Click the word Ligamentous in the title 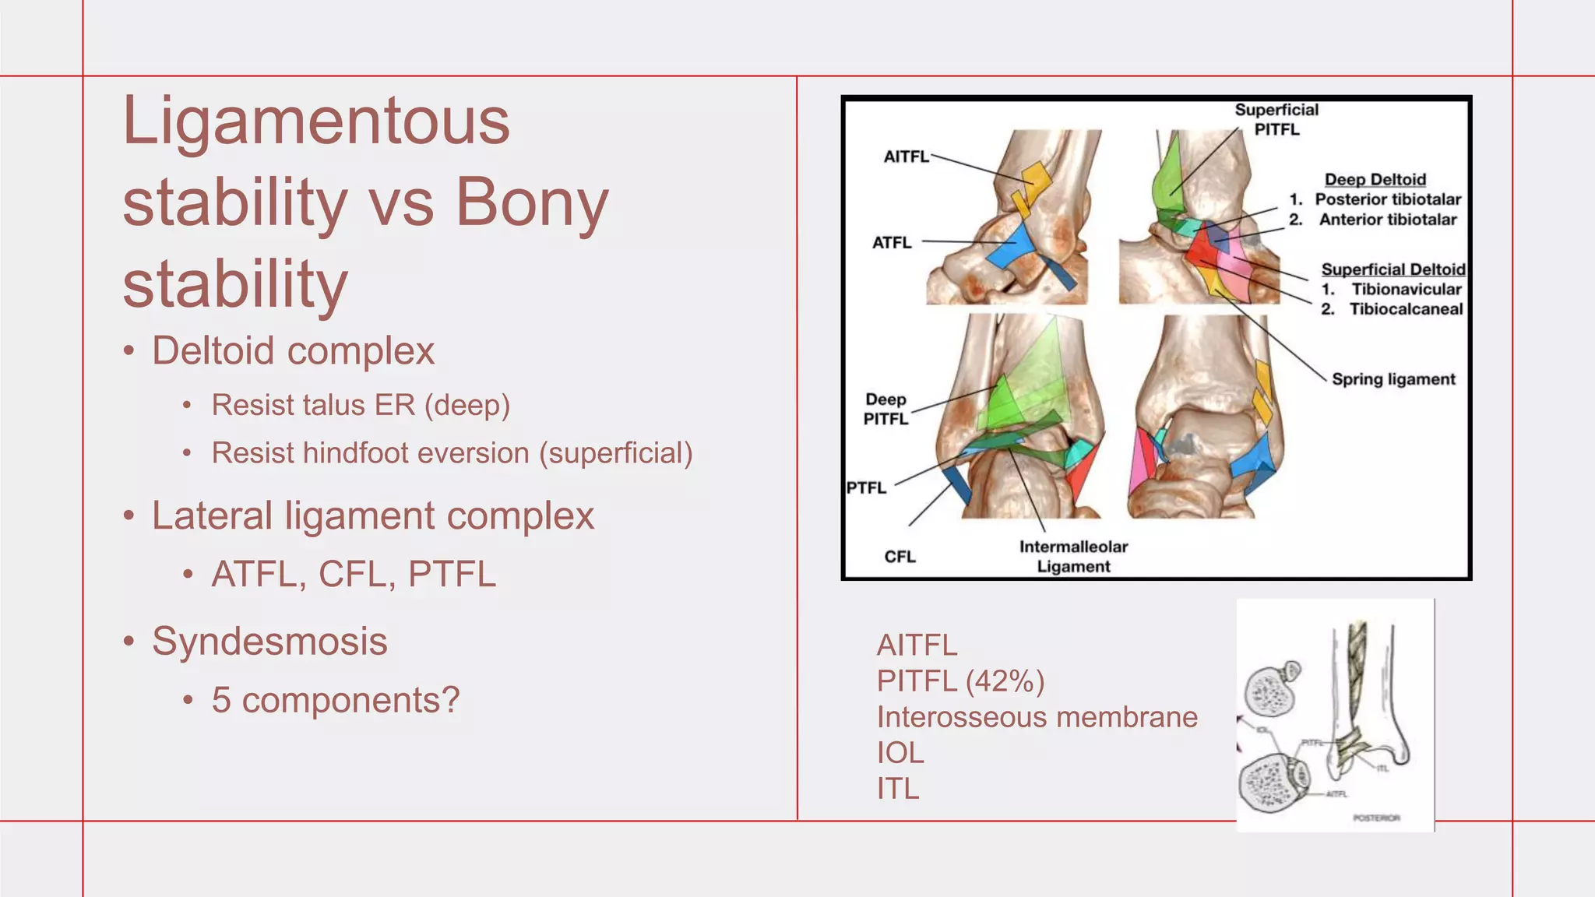[316, 121]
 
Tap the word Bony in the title [531, 202]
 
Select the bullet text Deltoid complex [293, 350]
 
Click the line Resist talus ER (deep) [361, 405]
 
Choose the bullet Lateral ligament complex [372, 515]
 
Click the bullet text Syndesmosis [269, 642]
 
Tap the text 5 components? [336, 700]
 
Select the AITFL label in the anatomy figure [906, 157]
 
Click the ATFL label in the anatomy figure [892, 243]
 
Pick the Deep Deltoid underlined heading [1375, 180]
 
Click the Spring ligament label [1393, 379]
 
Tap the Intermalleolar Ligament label [1073, 556]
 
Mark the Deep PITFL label [886, 409]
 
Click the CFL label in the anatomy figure [900, 557]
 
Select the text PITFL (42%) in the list [960, 681]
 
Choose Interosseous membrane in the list [1037, 717]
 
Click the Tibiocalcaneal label [1406, 309]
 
